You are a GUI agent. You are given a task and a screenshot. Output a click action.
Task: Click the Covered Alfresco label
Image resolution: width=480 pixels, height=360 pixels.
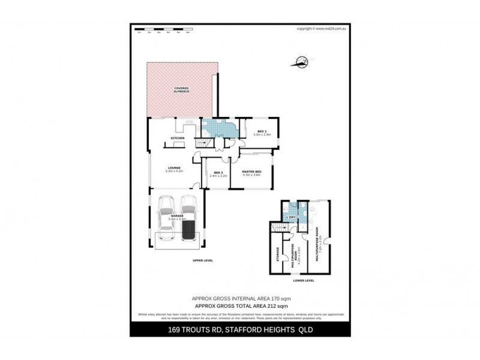pyautogui.click(x=182, y=89)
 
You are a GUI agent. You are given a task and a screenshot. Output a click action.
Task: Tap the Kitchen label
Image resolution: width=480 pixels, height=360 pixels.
pyautogui.click(x=177, y=139)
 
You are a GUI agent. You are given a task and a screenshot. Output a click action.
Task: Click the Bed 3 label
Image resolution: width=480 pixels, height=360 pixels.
pyautogui.click(x=218, y=174)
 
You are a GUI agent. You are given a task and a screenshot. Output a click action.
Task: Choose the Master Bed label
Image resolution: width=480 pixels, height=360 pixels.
pyautogui.click(x=251, y=173)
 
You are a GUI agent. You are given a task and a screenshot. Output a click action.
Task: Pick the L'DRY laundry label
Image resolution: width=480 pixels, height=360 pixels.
pyautogui.click(x=291, y=217)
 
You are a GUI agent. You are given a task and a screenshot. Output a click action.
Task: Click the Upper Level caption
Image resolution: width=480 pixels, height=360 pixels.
pyautogui.click(x=203, y=261)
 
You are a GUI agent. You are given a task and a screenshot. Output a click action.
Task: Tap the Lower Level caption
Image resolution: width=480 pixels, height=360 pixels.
pyautogui.click(x=303, y=280)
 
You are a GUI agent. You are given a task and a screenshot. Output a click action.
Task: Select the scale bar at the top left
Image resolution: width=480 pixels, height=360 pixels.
pyautogui.click(x=163, y=29)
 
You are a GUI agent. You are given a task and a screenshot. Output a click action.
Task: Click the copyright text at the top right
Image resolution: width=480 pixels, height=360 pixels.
pyautogui.click(x=323, y=28)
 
